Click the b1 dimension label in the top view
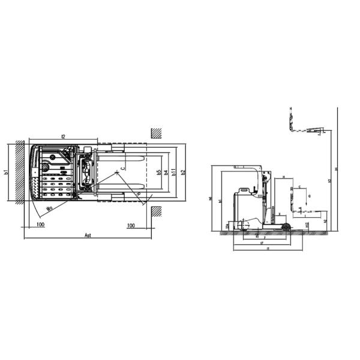6,172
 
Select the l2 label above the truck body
63,137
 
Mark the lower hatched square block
157,211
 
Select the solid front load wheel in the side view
286,227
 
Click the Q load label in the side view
310,196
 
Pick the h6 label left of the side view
211,199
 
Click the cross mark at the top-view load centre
116,172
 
